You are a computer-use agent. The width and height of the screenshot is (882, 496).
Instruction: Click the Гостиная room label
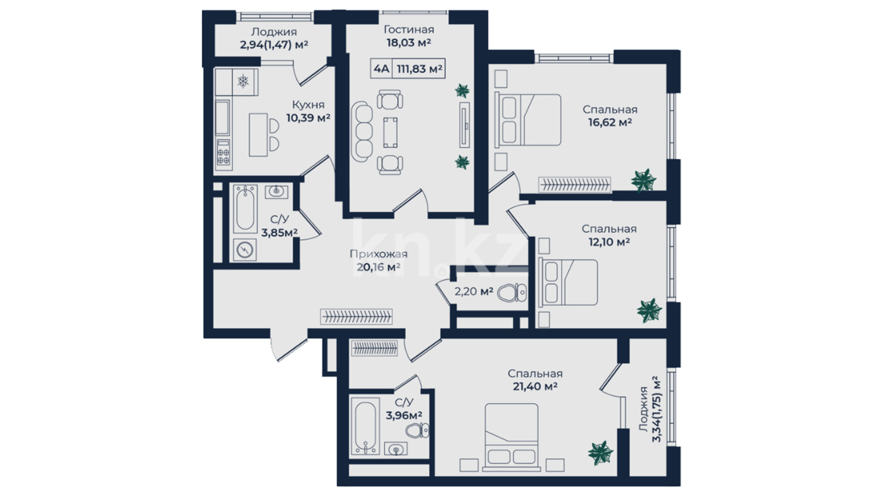click(x=408, y=30)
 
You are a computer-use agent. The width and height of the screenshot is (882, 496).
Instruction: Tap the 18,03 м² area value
click(x=408, y=43)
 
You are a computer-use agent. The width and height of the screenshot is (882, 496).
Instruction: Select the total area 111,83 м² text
click(x=419, y=69)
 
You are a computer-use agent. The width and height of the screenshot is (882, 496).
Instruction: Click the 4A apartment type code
click(x=381, y=69)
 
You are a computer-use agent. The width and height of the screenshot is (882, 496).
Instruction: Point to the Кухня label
click(x=308, y=105)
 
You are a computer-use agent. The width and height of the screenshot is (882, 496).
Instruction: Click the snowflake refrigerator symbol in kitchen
click(x=243, y=82)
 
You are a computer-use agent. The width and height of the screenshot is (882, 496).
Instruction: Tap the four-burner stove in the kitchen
click(x=223, y=152)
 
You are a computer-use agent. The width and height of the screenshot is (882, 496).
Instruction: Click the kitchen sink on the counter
click(x=223, y=117)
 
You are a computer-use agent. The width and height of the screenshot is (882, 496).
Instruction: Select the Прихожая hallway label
click(x=379, y=254)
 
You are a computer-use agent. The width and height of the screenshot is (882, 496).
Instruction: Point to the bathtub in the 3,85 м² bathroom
click(x=245, y=209)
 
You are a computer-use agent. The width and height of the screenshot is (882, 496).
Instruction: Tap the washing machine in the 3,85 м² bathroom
click(x=244, y=250)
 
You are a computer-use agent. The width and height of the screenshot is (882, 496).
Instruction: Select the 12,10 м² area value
click(x=609, y=242)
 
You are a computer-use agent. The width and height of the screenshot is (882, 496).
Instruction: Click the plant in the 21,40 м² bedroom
click(x=600, y=453)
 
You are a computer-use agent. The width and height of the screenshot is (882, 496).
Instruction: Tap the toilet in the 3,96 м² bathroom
click(x=417, y=431)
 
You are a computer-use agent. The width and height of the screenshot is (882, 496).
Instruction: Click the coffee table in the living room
click(x=390, y=132)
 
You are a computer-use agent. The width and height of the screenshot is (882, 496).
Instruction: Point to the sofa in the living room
click(x=362, y=132)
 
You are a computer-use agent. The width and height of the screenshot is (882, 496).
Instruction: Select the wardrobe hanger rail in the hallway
click(x=356, y=316)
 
